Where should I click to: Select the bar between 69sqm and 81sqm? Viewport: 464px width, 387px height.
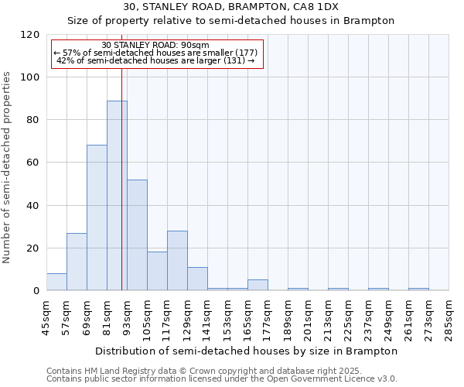point(97,217)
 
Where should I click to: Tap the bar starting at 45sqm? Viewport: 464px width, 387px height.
point(56,282)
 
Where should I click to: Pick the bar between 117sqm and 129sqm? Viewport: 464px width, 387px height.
point(177,260)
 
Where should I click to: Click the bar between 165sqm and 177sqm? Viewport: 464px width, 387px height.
point(258,285)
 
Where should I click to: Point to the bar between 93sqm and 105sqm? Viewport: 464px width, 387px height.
point(137,235)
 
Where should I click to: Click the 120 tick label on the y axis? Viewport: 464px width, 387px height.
point(30,35)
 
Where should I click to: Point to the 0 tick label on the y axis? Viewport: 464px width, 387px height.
point(36,291)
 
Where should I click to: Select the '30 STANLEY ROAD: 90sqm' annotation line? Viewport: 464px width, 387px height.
point(155,45)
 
